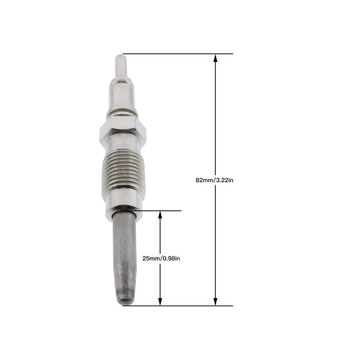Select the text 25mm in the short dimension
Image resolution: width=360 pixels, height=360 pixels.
149,258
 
